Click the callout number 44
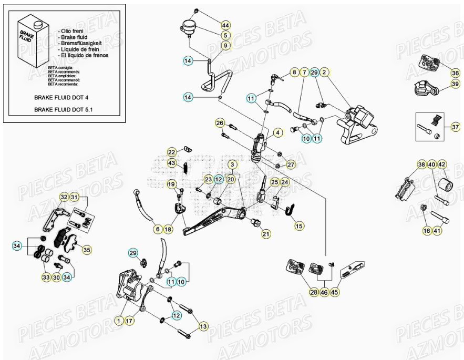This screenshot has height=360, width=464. point(225,25)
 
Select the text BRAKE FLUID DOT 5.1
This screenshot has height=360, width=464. point(67,110)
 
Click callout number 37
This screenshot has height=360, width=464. point(455,127)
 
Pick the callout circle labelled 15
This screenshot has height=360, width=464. point(298,226)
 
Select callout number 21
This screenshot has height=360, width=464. point(266,233)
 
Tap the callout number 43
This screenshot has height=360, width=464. point(171,163)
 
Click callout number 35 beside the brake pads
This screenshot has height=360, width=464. point(87,250)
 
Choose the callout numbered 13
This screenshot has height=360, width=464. point(203,327)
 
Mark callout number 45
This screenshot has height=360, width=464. point(334,292)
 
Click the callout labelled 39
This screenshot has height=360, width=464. point(455,84)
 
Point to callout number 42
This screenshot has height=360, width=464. point(442,164)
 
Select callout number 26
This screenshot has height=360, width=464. point(220,123)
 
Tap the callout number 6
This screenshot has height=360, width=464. point(157,229)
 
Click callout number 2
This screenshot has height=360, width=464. point(325,72)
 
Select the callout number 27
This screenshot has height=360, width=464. point(291,164)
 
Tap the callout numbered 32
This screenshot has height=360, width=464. point(64,197)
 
